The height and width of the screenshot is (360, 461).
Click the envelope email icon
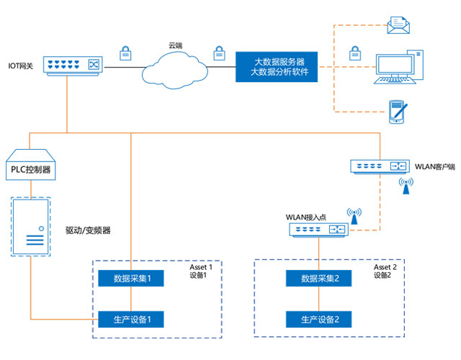click(x=398, y=26)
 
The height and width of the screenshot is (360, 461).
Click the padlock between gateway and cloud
click(x=125, y=53)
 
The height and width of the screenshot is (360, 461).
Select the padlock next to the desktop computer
click(x=354, y=53)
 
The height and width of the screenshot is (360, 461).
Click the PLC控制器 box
click(x=30, y=165)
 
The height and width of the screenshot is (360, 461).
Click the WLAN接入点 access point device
click(x=319, y=230)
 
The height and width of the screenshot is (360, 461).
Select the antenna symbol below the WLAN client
click(x=406, y=187)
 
